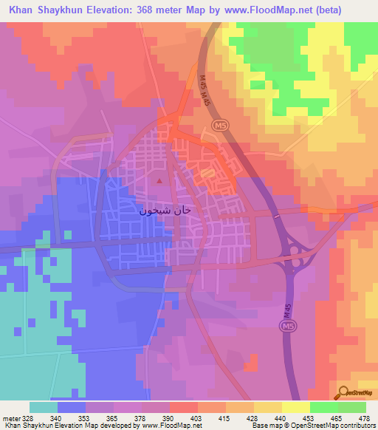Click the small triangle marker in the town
(179, 180)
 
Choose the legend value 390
(167, 417)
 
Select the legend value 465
(326, 417)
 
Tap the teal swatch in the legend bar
(43, 407)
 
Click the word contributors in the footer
(357, 426)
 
